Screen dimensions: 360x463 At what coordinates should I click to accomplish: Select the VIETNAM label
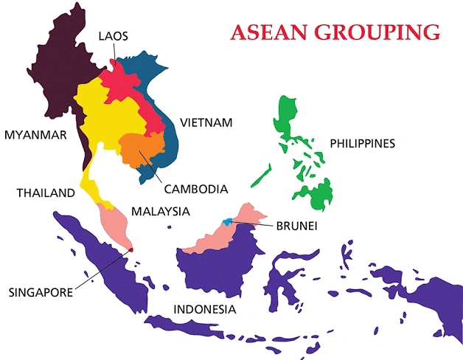(x=206, y=122)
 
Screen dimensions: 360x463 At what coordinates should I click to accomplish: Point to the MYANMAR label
(x=35, y=134)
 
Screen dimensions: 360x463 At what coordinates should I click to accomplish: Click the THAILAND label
(x=46, y=193)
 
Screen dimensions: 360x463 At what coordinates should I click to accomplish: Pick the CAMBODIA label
(x=195, y=189)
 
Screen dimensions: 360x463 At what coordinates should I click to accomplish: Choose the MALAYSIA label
(x=161, y=211)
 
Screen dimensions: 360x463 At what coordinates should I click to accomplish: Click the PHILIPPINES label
(x=362, y=142)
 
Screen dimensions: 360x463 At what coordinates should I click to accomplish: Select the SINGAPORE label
(x=41, y=292)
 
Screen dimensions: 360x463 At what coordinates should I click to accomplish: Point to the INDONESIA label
(x=204, y=309)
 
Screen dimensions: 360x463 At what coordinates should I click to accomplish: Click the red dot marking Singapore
(x=130, y=250)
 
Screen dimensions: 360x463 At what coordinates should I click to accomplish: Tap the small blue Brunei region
(x=230, y=221)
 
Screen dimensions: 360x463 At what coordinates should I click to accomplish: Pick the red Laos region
(x=118, y=81)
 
